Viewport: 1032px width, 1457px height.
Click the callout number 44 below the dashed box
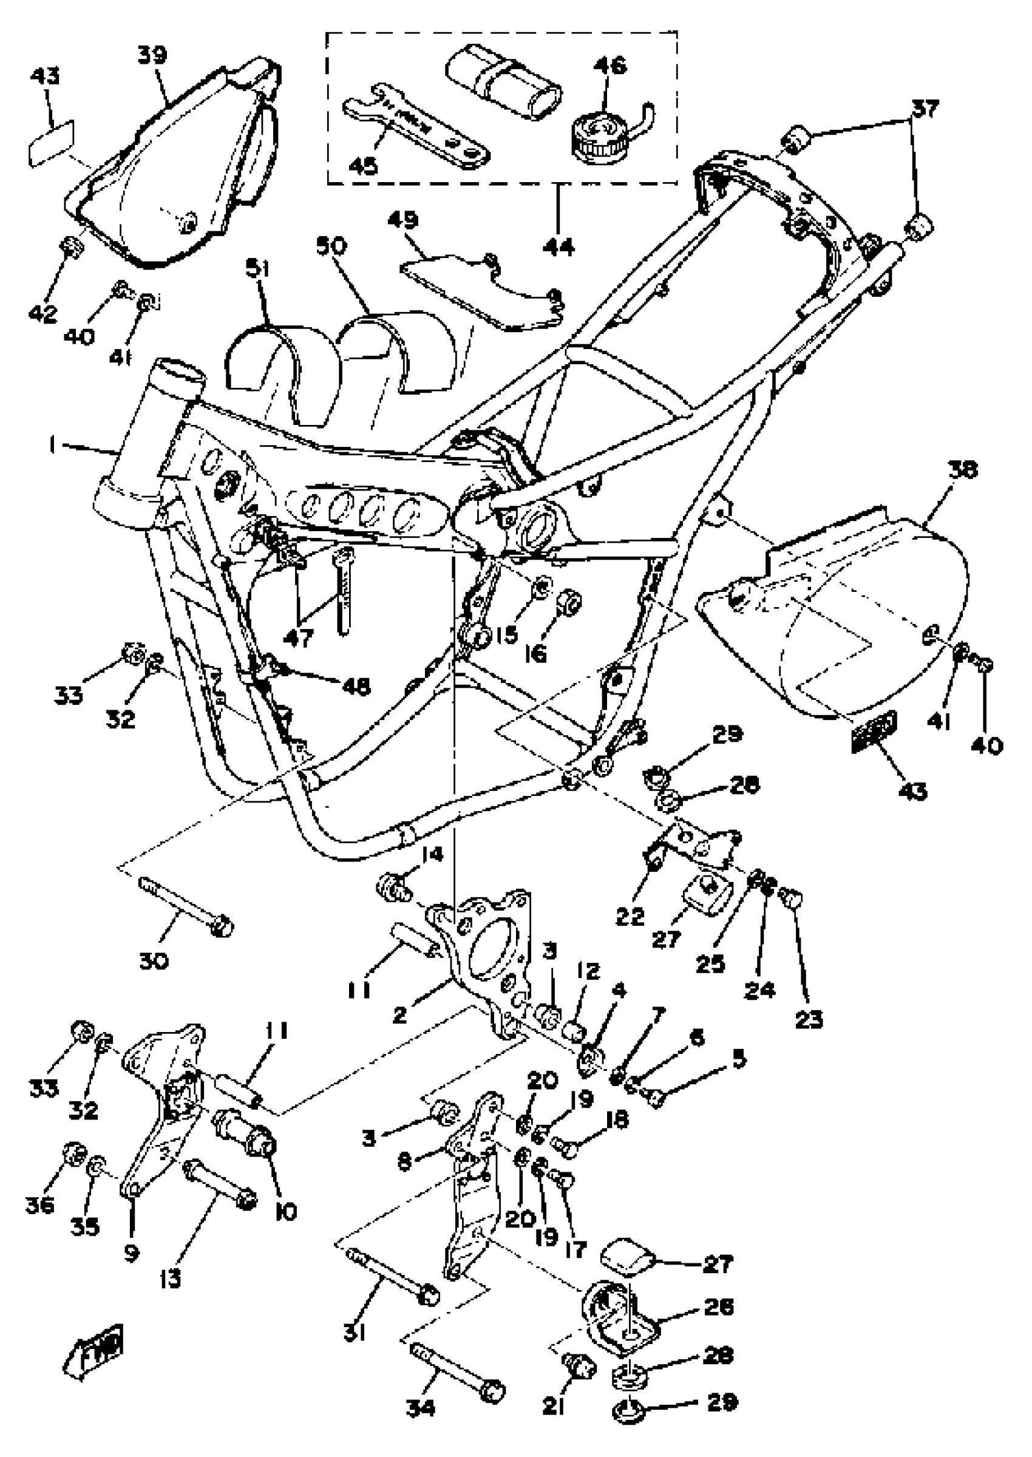coord(558,246)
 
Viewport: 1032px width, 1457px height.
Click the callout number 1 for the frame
coord(52,446)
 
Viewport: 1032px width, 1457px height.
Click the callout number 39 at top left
coord(152,55)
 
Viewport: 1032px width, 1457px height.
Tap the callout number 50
coord(330,245)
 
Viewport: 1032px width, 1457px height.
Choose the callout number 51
coord(258,270)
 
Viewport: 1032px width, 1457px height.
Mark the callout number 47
coord(298,637)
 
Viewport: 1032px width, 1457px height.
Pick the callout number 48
coord(356,686)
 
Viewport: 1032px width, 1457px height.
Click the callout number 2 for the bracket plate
coord(399,1016)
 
